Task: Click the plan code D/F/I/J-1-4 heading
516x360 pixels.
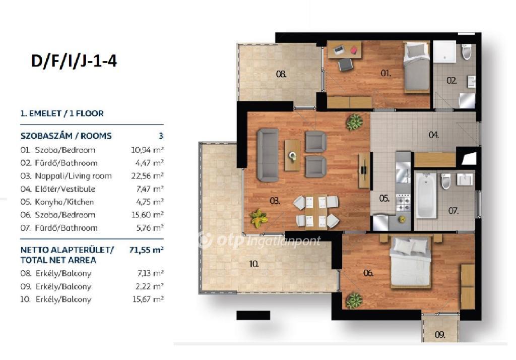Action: (x=74, y=61)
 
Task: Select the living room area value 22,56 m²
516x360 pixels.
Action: (x=148, y=176)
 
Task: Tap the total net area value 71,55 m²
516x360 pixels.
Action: (x=147, y=250)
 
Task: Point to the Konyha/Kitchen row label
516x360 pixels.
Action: (x=64, y=202)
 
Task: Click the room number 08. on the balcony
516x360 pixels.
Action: (x=281, y=74)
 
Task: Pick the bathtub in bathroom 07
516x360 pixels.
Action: (x=426, y=196)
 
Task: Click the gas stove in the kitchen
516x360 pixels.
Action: (x=403, y=202)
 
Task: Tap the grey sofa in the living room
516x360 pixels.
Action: (x=268, y=155)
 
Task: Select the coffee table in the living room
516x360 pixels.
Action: (x=292, y=155)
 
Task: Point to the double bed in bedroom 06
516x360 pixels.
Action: (x=410, y=262)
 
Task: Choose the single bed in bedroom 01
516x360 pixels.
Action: (x=417, y=67)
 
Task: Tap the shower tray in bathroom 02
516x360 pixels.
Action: (x=444, y=52)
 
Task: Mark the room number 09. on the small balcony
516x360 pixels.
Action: (x=440, y=335)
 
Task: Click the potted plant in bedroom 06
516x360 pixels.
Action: (x=354, y=300)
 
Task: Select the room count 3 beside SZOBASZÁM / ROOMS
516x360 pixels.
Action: (x=161, y=136)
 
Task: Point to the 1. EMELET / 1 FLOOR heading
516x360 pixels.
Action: (x=62, y=113)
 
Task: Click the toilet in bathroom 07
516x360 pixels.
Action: (x=445, y=182)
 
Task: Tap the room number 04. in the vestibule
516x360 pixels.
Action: (x=433, y=135)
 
